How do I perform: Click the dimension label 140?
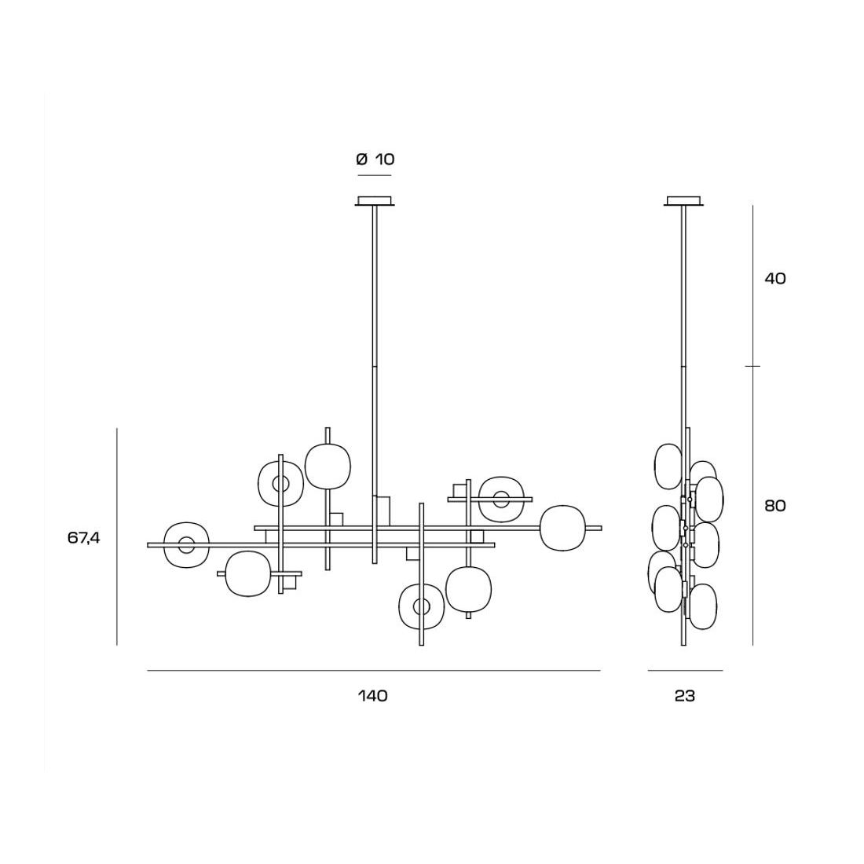click(373, 696)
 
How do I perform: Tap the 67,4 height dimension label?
click(84, 538)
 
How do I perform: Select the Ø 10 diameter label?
click(375, 159)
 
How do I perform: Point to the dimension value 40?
click(774, 279)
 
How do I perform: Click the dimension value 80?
click(774, 506)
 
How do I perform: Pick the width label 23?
click(685, 696)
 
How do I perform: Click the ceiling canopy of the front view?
click(375, 201)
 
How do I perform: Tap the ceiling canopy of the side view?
click(684, 201)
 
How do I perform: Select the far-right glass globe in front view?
click(562, 528)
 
